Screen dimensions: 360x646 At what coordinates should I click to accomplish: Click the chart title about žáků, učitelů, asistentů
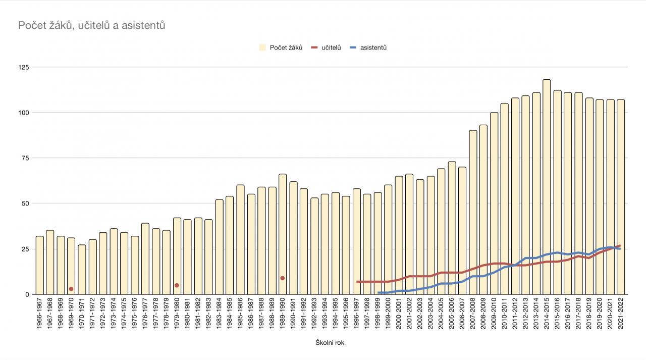pyautogui.click(x=92, y=25)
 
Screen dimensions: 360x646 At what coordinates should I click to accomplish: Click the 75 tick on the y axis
pyautogui.click(x=24, y=158)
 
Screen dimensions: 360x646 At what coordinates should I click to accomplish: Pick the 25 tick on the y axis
pyautogui.click(x=24, y=249)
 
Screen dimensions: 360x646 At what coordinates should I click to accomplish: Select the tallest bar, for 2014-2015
pyautogui.click(x=547, y=187)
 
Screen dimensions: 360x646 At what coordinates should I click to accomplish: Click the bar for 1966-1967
pyautogui.click(x=39, y=265)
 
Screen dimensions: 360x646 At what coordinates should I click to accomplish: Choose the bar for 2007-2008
pyautogui.click(x=473, y=212)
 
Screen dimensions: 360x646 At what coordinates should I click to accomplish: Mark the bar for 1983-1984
pyautogui.click(x=219, y=247)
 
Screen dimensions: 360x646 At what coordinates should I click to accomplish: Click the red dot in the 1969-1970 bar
pyautogui.click(x=71, y=289)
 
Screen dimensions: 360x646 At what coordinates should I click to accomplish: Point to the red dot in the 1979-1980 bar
pyautogui.click(x=177, y=285)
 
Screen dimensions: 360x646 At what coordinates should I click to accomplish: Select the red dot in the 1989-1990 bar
pyautogui.click(x=283, y=278)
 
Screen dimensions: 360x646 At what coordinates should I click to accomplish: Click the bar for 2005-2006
pyautogui.click(x=452, y=228)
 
